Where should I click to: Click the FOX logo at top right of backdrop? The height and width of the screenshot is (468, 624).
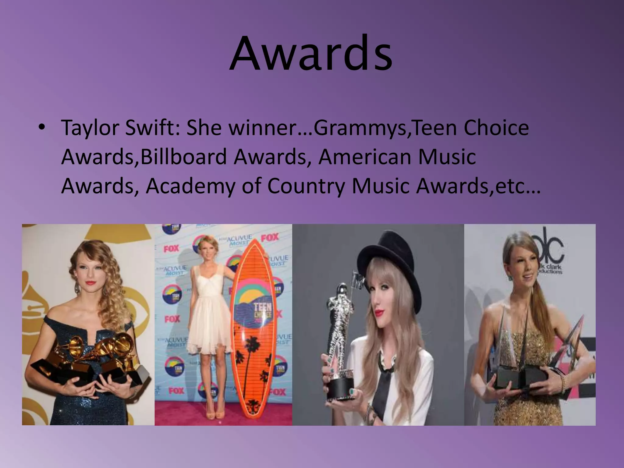click(x=270, y=237)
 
